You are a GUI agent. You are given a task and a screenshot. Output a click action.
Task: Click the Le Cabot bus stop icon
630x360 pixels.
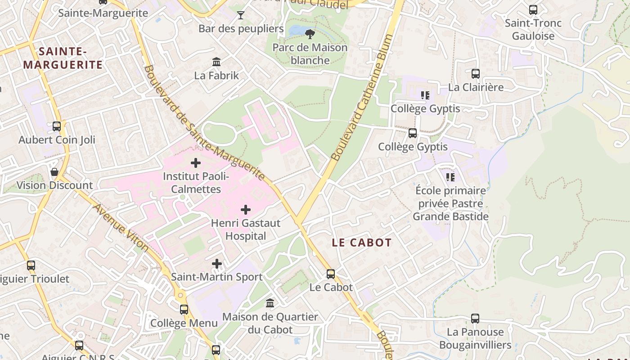point(331,274)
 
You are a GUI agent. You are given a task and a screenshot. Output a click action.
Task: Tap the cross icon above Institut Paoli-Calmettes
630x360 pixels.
point(196,163)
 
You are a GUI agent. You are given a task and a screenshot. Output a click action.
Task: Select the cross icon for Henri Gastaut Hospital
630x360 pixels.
point(246,210)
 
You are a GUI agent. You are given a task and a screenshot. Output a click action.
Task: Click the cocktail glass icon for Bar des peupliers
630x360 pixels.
point(241,15)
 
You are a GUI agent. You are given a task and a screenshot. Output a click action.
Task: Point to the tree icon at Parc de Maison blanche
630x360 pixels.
point(310,34)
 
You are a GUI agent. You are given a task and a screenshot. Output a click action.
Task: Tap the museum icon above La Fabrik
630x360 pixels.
point(216,62)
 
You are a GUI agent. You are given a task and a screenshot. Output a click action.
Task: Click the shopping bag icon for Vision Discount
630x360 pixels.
point(54,172)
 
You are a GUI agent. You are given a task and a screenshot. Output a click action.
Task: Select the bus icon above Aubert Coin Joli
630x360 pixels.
point(57,126)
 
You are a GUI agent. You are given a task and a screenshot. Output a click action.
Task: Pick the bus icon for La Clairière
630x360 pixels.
point(476,74)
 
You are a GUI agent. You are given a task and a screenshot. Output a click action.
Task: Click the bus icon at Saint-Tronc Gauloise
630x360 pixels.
point(533,10)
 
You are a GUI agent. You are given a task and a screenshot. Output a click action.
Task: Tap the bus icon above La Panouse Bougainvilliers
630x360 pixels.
point(475,319)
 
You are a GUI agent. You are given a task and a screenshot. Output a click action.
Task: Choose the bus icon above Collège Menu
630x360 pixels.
point(184,310)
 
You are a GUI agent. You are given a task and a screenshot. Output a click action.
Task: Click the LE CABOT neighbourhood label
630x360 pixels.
point(362,243)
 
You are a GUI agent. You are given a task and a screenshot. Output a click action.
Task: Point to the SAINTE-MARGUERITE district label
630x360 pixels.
point(63,58)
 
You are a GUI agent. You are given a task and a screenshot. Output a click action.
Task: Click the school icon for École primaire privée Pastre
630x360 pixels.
point(450,177)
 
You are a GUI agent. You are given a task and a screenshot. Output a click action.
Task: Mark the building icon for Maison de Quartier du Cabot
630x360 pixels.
point(270,303)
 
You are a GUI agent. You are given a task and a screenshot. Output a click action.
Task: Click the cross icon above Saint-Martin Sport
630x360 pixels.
point(217,264)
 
